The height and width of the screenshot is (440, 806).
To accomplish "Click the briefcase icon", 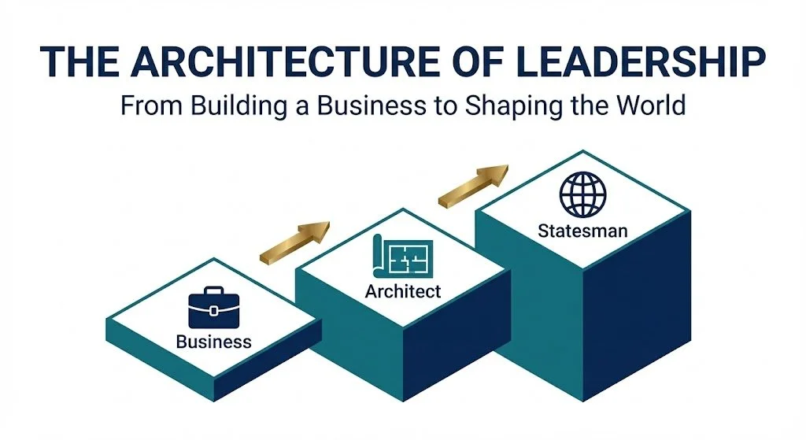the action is click(213, 309).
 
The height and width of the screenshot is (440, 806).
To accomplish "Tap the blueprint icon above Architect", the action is click(402, 257).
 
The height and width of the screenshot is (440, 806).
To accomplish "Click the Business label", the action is click(213, 342).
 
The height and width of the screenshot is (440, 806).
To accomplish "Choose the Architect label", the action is click(403, 291).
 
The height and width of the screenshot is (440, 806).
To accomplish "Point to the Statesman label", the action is click(582, 231).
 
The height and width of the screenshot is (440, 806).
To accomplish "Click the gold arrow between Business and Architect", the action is click(296, 240).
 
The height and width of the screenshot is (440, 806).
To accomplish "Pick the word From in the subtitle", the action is click(146, 104).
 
